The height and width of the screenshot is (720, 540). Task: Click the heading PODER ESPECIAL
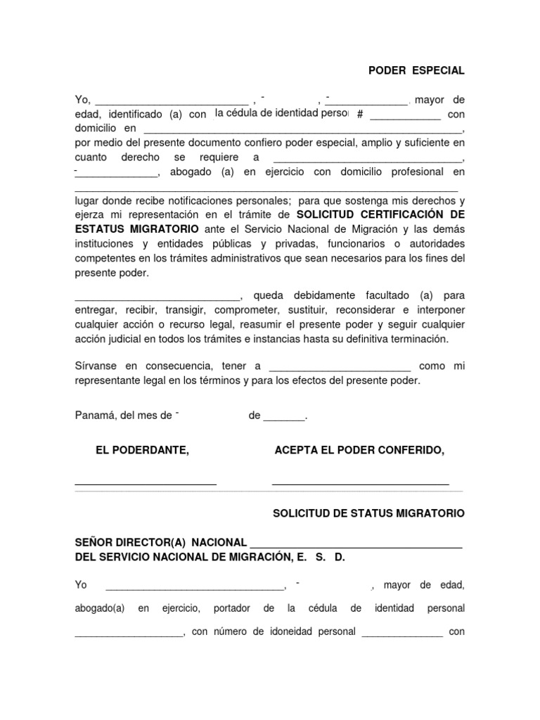pos(416,71)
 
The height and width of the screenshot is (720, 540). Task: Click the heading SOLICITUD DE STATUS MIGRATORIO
pos(368,514)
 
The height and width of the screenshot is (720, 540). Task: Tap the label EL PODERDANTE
pos(142,450)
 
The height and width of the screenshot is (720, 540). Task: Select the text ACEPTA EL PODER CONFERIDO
pos(359,450)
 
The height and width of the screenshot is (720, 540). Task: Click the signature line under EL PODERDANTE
pos(146,484)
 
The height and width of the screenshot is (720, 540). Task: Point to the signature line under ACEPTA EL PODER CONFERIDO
pos(360,484)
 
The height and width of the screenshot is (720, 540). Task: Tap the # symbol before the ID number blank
pos(360,115)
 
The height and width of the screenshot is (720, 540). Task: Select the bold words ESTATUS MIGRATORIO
pos(136,229)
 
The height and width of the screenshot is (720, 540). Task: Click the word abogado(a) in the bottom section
pos(99,608)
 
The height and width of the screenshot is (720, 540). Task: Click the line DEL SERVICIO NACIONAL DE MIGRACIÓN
pos(210,557)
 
